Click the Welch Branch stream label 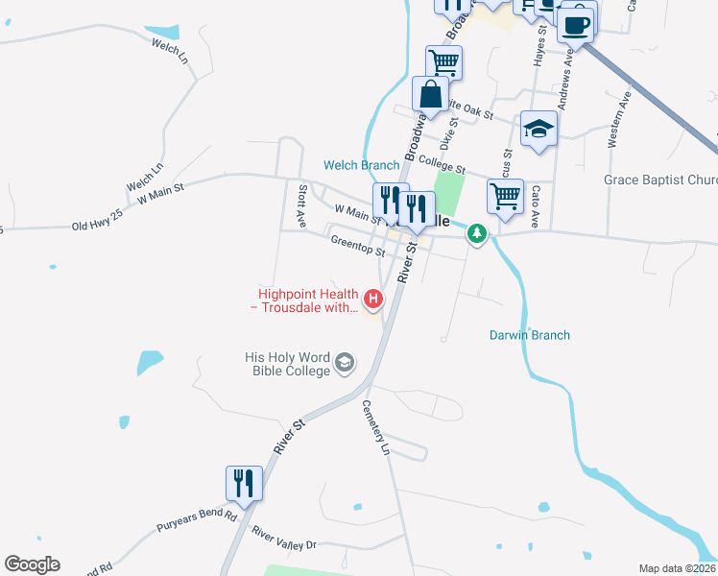[x=361, y=165]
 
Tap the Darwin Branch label [x=530, y=335]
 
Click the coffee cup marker [x=576, y=25]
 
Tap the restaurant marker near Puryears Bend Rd [x=244, y=483]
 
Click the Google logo [x=32, y=564]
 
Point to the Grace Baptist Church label [x=660, y=180]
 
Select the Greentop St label [x=356, y=246]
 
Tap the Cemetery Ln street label [x=375, y=428]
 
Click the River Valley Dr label [x=283, y=537]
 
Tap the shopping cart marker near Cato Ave [x=505, y=196]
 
